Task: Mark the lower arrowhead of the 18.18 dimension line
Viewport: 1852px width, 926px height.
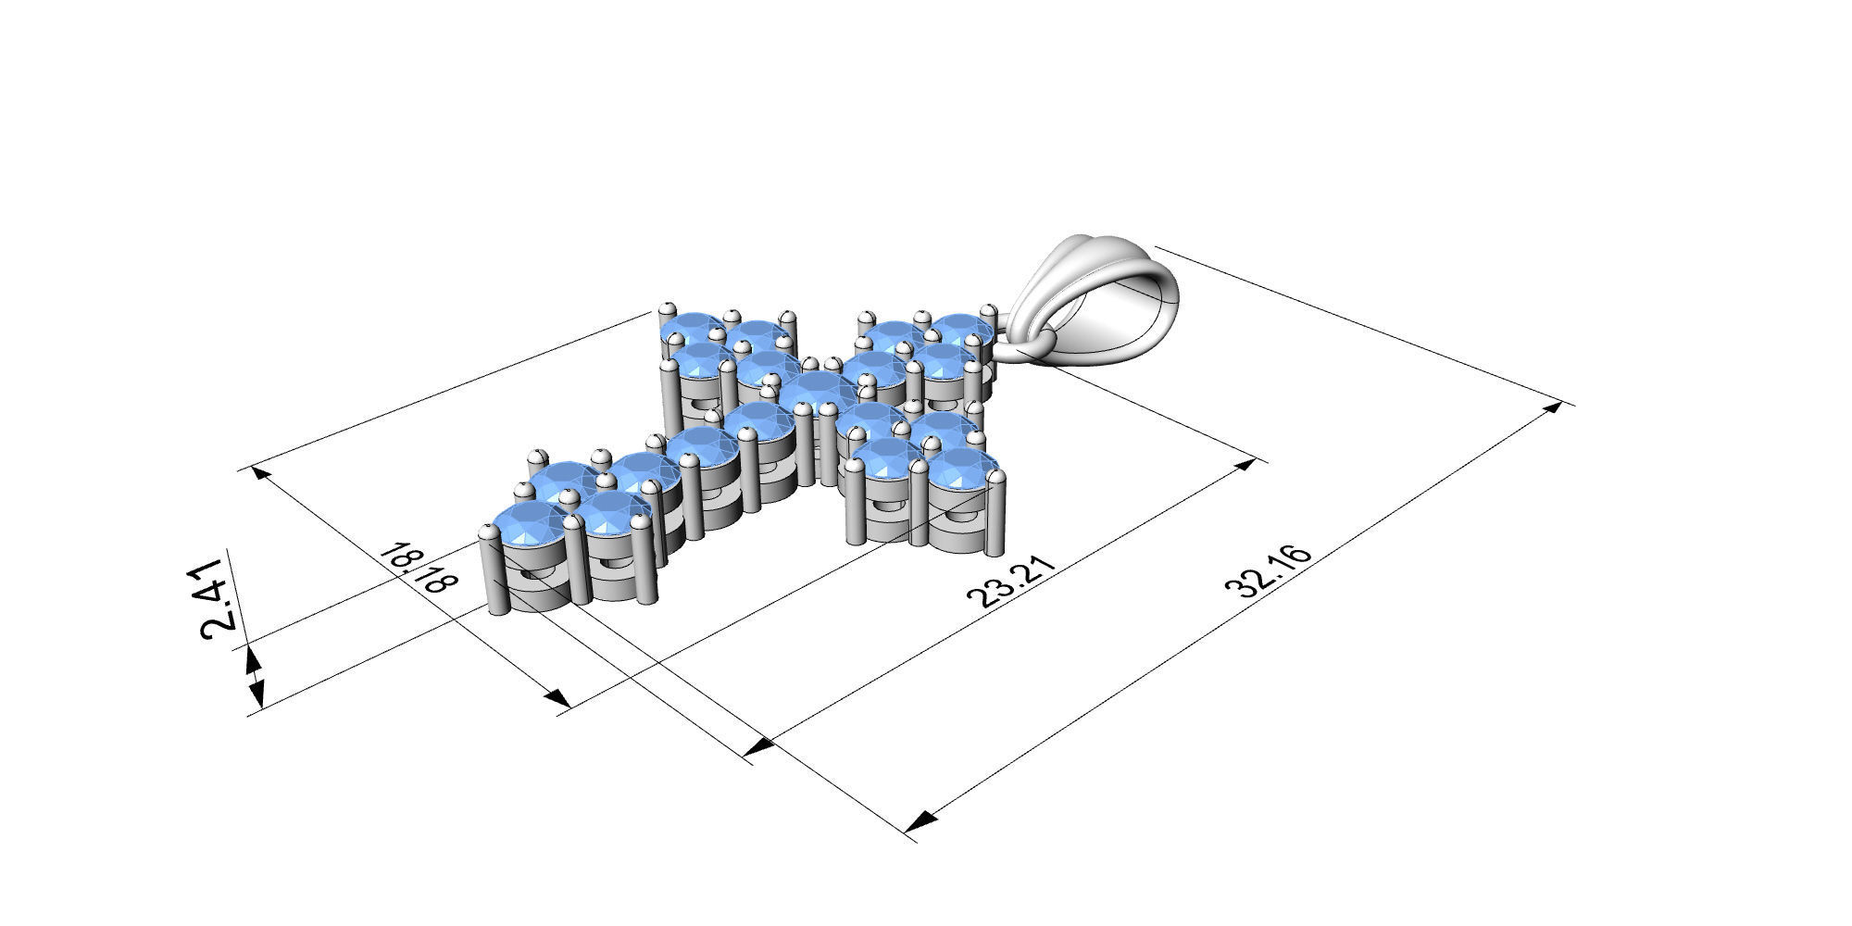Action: click(556, 699)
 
